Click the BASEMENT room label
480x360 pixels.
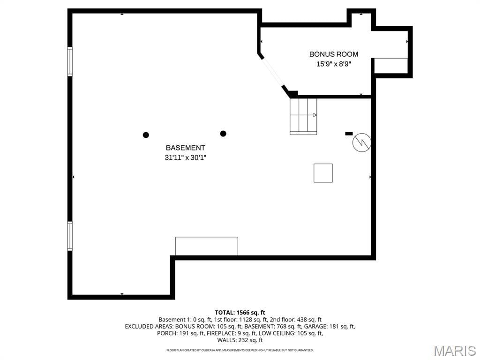point(185,148)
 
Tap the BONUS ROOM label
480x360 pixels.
point(334,54)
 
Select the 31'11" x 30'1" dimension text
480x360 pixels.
point(185,157)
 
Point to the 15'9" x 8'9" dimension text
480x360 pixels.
point(334,64)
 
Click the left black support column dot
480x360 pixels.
point(146,135)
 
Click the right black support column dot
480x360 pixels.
point(223,134)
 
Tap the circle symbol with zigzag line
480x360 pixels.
point(362,142)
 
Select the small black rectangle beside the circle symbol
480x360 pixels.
point(349,134)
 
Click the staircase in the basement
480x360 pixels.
point(303,116)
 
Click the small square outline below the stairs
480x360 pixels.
point(323,173)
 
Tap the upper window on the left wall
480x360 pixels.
point(70,61)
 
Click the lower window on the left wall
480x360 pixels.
point(70,236)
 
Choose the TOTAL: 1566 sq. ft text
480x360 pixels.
point(240,313)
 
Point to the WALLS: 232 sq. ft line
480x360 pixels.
point(240,340)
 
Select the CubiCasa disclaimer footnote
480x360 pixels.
point(240,350)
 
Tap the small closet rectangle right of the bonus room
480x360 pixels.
point(391,66)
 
